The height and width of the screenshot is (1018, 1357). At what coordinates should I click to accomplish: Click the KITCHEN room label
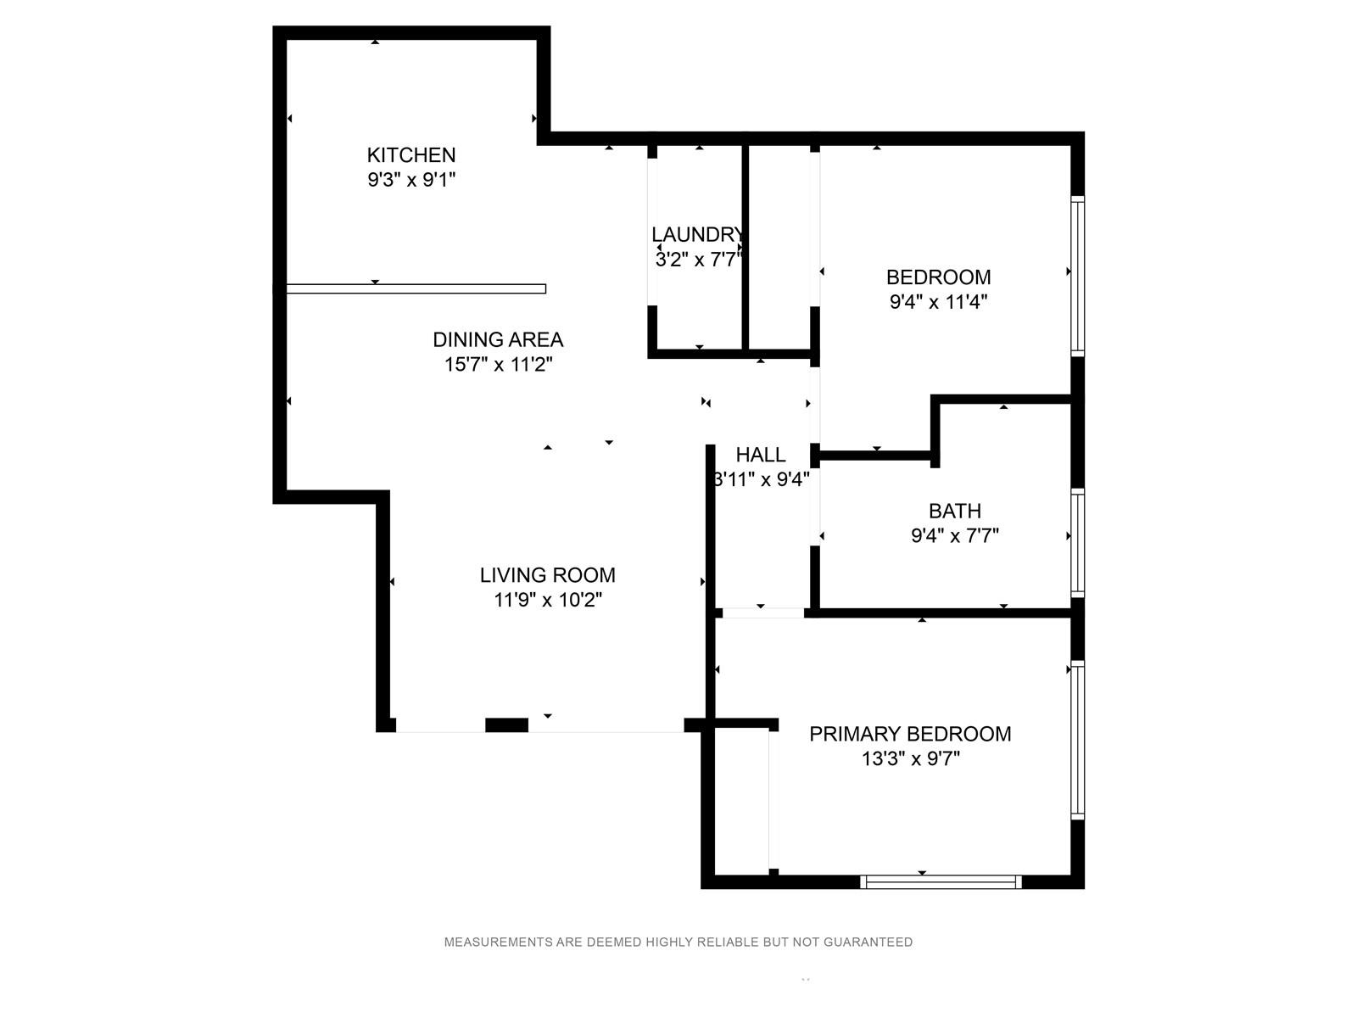coord(411,154)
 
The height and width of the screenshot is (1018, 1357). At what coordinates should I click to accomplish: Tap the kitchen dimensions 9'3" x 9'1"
coord(411,180)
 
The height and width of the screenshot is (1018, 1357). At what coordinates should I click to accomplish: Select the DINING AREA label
coord(498,339)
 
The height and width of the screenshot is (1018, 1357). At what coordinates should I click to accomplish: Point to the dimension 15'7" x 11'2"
coord(498,365)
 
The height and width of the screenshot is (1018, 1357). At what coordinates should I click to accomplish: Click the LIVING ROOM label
coord(547,575)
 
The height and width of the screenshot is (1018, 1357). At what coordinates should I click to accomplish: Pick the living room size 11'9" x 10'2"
coord(547,600)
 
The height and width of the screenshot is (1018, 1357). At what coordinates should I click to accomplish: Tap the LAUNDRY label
coord(697,234)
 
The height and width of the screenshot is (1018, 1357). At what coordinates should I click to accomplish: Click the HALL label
coord(761,455)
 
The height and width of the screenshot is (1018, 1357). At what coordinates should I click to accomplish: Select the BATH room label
coord(954,511)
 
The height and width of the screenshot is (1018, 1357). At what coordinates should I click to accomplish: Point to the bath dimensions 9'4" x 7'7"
coord(954,535)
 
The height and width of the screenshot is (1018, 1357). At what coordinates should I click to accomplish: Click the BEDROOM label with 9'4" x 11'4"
coord(939,277)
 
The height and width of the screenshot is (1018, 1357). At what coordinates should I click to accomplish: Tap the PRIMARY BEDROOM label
coord(910,734)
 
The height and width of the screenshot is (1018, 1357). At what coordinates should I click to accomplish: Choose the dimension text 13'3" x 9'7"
coord(910,758)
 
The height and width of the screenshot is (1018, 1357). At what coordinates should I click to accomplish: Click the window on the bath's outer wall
coord(1078,543)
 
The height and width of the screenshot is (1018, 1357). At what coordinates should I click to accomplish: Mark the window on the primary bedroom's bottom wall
coord(941,882)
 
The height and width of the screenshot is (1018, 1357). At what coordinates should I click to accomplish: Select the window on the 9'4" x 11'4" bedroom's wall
coord(1078,277)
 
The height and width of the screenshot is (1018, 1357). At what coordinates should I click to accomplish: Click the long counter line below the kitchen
coord(416,288)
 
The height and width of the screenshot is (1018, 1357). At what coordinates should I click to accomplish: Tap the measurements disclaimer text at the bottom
coord(678,942)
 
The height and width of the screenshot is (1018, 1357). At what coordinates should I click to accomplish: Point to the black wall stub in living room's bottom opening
coord(506,725)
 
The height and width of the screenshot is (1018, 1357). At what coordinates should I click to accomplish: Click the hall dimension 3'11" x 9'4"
coord(761,479)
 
